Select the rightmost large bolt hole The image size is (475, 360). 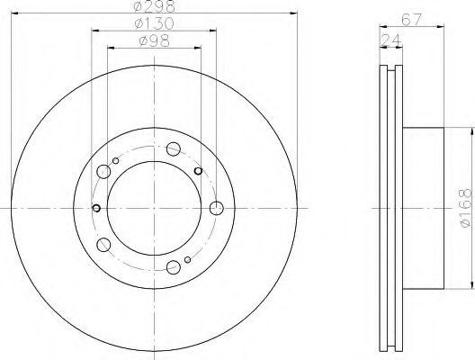(x=216, y=209)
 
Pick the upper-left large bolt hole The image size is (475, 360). (x=104, y=171)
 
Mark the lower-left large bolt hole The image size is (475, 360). (x=104, y=243)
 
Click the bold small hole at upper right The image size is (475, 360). (x=198, y=169)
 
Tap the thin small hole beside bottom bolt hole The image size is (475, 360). (x=186, y=261)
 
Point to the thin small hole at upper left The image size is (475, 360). (x=114, y=161)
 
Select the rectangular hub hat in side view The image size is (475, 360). (x=423, y=208)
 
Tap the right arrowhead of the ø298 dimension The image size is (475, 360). (x=293, y=13)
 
